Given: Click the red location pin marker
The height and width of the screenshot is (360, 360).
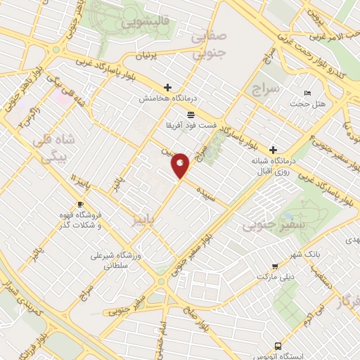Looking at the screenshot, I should click(180, 165).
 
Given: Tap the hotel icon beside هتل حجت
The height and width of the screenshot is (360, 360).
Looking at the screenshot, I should click(307, 94).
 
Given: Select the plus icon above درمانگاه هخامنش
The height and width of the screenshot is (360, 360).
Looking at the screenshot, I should click(167, 88).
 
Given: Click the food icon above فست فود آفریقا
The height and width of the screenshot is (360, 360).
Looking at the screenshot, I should click(191, 114).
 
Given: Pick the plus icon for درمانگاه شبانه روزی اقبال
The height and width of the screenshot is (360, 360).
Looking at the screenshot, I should click(273, 150).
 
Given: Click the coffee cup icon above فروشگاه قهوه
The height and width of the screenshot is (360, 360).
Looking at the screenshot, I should click(79, 205).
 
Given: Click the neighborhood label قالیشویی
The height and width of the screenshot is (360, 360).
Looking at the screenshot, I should click(146, 23).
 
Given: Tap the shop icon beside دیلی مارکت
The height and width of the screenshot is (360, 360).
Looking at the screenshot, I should click(274, 266).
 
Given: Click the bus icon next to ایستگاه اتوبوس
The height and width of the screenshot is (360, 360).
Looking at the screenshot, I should click(279, 347).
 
